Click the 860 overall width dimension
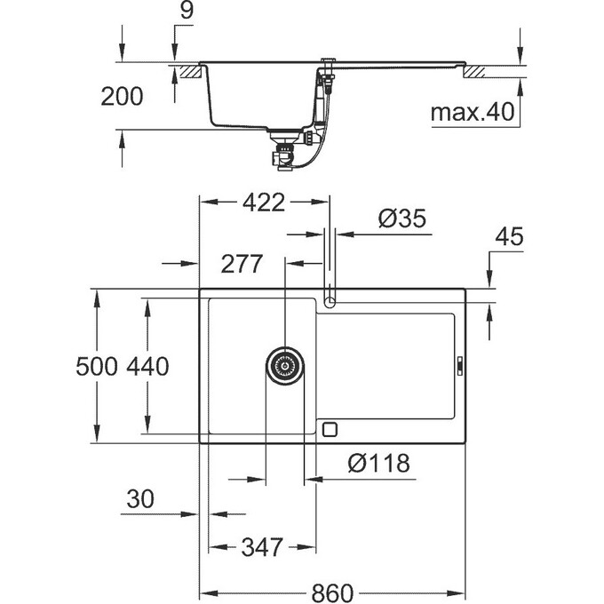[x=332, y=592]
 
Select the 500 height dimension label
[x=96, y=366]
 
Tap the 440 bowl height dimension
[x=147, y=366]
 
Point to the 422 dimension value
[x=264, y=203]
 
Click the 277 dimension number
[x=242, y=264]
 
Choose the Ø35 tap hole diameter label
[x=402, y=219]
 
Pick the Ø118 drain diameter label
[x=378, y=463]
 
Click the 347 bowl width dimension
[x=262, y=547]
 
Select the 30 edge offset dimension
[x=140, y=499]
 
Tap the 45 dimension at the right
[x=509, y=236]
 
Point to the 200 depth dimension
[x=122, y=96]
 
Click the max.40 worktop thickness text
[x=473, y=112]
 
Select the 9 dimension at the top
[x=187, y=12]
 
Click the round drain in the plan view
[x=285, y=366]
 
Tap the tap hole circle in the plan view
[x=330, y=302]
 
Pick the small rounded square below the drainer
[x=330, y=430]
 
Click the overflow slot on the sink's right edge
[x=460, y=366]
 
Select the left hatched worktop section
[x=189, y=72]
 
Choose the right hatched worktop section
[x=475, y=72]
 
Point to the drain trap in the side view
[x=285, y=150]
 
